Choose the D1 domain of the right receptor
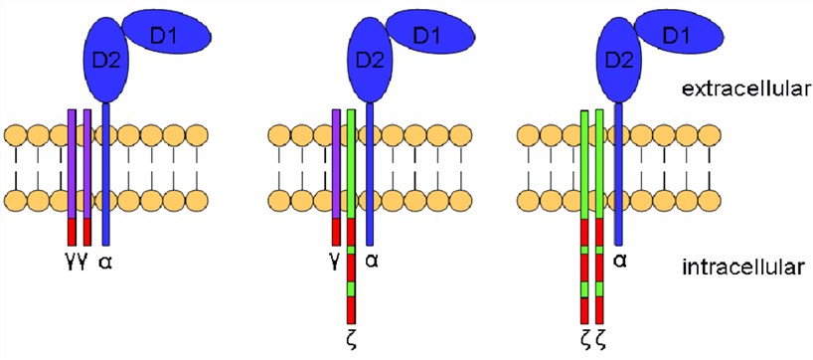677,36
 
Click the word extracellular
742,90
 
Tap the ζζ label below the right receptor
593,338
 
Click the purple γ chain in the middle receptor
338,159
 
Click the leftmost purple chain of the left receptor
72,159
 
